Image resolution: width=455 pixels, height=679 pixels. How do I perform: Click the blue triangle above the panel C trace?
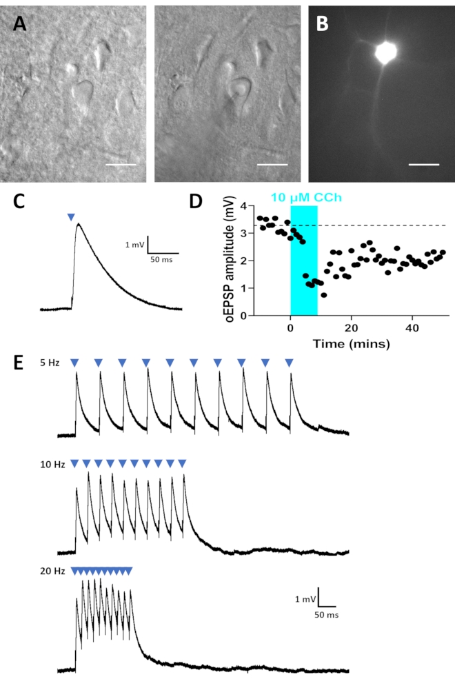click(70, 217)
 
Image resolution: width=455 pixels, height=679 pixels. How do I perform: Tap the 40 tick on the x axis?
click(412, 326)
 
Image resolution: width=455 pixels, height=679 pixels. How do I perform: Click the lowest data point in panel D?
click(323, 295)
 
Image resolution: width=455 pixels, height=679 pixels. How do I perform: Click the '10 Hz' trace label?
click(52, 465)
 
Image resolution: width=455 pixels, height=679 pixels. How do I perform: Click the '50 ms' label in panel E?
click(326, 612)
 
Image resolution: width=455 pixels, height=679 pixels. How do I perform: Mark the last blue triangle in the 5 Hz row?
click(289, 363)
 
